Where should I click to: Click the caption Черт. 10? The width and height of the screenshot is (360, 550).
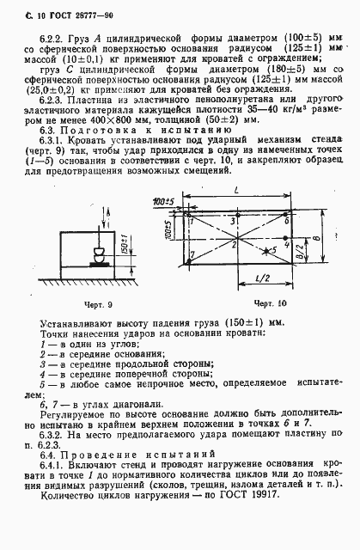pos(272,305)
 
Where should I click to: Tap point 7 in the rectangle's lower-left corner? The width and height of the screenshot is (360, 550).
pos(194,254)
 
